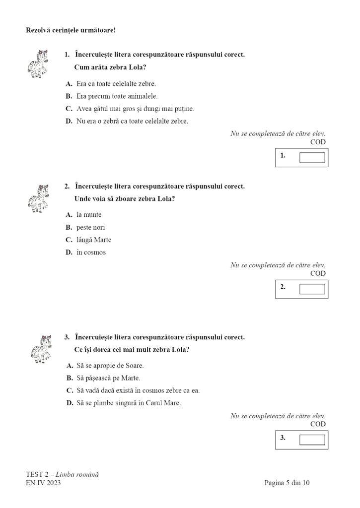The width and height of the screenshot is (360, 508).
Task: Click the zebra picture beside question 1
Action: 38,64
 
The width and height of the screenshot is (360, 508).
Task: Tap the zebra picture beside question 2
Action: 38,198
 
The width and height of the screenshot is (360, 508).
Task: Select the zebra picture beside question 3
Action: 41,349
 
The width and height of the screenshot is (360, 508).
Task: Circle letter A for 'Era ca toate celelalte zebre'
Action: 69,84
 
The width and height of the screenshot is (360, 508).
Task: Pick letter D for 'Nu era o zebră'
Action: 69,121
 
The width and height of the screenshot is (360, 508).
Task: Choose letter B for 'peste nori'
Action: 69,228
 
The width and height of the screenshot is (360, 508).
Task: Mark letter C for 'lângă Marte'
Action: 69,240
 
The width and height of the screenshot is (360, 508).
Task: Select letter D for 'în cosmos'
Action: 69,253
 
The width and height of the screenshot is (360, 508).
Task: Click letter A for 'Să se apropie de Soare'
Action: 70,366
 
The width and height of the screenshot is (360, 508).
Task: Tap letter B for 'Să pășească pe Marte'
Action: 70,379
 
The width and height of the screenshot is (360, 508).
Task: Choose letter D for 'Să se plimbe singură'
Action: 70,403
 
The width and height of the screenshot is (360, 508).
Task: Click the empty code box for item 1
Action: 312,158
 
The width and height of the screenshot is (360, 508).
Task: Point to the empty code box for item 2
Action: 312,289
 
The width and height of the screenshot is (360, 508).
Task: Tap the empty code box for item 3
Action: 312,440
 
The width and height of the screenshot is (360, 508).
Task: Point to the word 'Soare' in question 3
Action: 134,366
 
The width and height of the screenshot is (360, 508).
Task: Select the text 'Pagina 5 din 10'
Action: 287,483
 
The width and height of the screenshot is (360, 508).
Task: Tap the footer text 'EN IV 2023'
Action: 43,483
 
